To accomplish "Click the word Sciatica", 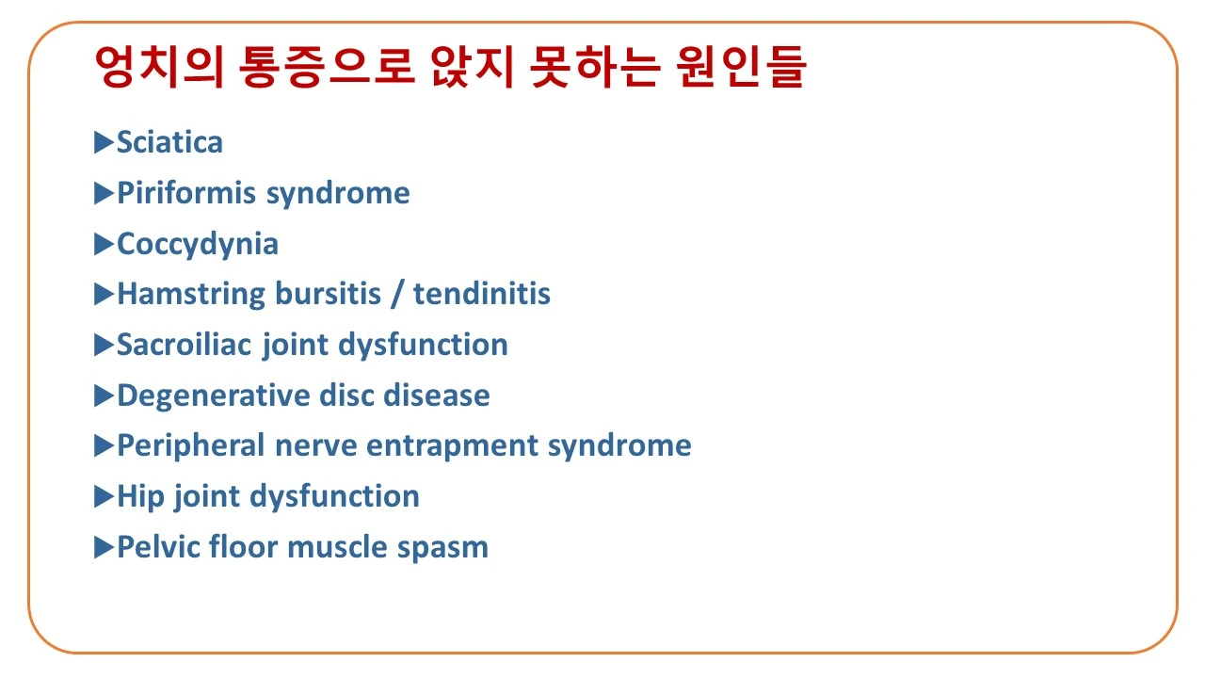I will (169, 142).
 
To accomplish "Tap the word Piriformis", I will (186, 193).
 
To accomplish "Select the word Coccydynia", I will (198, 244).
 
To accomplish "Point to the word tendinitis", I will (481, 294).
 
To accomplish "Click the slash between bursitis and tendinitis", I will (397, 294).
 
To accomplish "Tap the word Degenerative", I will (203, 395).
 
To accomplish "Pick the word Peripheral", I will (191, 445).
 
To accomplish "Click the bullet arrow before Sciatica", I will (104, 142).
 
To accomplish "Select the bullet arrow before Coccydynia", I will (104, 244).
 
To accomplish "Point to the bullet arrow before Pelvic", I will (104, 547).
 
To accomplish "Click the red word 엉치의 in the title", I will (158, 68).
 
